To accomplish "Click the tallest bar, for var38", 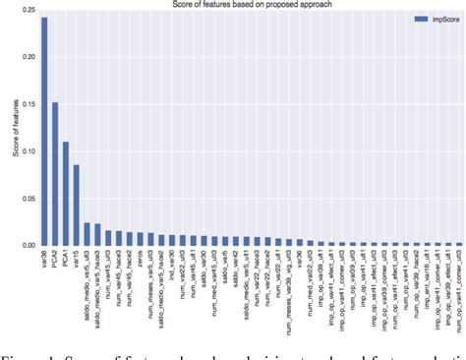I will (44, 131).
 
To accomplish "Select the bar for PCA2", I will (55, 173).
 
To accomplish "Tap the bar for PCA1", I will (66, 194).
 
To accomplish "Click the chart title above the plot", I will (250, 5).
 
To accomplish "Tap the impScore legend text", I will (437, 18).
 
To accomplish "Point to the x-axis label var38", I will (44, 259).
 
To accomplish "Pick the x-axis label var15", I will (77, 259).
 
